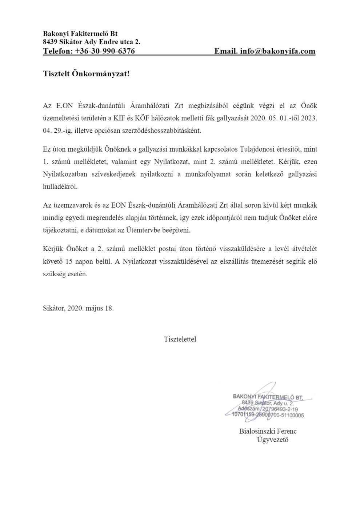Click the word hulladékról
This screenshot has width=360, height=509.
tap(60, 186)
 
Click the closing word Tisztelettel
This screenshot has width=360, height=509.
tap(180, 340)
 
